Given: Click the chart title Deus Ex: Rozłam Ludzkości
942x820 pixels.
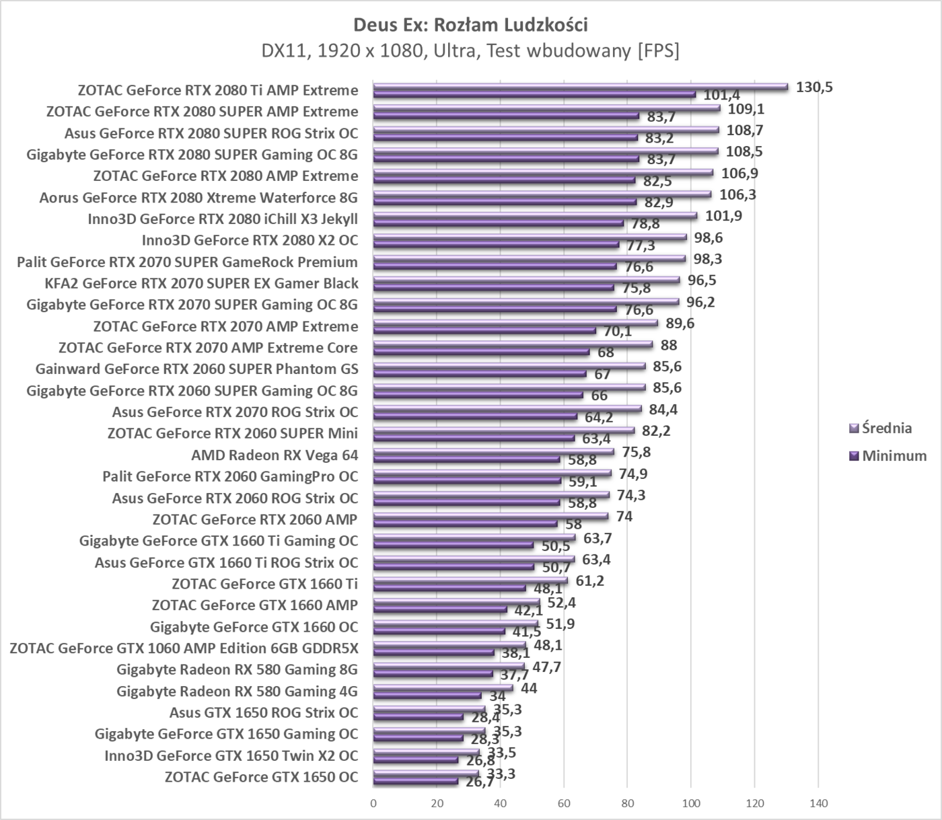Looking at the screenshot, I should tap(470, 25).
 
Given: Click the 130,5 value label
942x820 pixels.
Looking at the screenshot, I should tap(813, 87).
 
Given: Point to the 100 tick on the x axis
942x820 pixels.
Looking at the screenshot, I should tap(691, 803).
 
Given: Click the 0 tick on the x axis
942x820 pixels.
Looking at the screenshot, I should tap(373, 803).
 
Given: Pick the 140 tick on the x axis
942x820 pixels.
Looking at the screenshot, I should tap(818, 803).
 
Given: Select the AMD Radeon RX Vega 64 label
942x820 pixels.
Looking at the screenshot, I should tap(275, 455).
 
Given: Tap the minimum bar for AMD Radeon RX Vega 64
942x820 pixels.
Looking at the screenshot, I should tap(466, 459).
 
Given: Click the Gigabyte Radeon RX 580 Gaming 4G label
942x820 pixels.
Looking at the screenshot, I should tap(237, 691).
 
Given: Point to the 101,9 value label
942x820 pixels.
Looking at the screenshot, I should tap(723, 216).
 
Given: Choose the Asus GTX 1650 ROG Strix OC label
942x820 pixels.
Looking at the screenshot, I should tap(264, 712).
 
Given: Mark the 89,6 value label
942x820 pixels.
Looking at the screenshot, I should tap(680, 324).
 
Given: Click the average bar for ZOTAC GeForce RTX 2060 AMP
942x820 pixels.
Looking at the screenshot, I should tap(491, 517).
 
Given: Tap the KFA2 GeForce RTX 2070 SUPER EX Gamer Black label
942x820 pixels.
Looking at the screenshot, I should tap(201, 283).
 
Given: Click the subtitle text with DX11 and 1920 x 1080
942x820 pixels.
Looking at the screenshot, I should tap(470, 50).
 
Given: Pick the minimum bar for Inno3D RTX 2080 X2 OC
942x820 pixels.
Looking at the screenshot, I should tap(496, 244).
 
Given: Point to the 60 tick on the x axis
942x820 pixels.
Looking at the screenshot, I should tap(564, 803).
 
